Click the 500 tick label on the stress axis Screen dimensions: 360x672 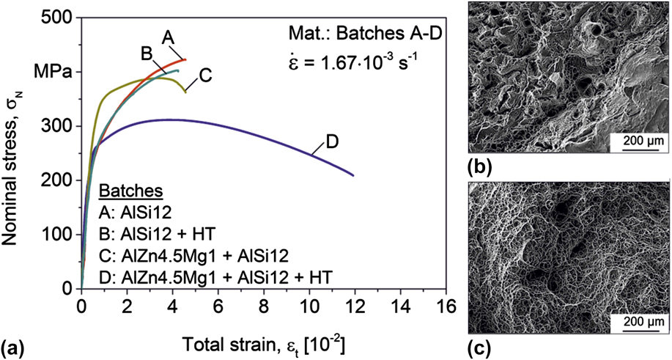59,18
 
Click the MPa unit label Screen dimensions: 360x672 52,73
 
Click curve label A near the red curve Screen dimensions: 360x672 168,35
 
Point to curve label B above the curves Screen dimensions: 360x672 146,54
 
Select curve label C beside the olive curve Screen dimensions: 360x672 206,73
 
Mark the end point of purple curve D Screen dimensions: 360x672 354,175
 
